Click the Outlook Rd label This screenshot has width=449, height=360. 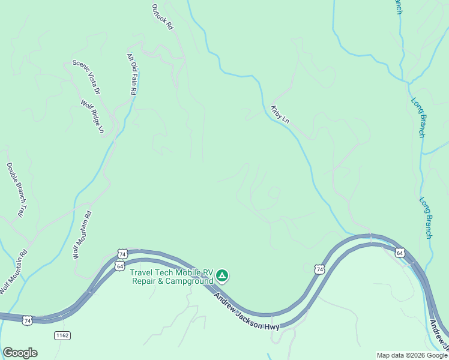[162, 17]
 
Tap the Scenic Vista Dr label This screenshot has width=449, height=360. [86, 76]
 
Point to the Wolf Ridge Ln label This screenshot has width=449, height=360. [92, 116]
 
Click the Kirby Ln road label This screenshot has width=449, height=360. [280, 115]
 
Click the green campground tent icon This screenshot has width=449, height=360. [222, 276]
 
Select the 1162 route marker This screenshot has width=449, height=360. [61, 334]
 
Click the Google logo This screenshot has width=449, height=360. [20, 353]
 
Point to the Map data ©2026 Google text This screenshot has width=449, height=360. [411, 355]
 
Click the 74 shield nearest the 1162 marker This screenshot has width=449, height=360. [28, 322]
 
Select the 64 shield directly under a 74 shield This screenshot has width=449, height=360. [120, 266]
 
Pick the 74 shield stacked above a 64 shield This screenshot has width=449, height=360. [122, 254]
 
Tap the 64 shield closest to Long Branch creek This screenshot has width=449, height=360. [400, 253]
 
